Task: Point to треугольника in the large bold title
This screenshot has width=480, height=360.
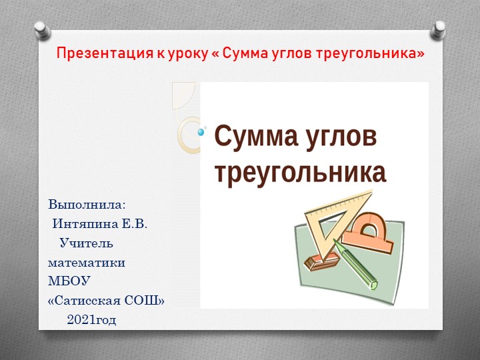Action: [x=300, y=171]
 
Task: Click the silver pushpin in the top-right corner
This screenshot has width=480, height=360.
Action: [x=439, y=29]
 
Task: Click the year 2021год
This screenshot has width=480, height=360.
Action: [x=91, y=321]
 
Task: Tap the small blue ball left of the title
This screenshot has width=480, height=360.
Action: [x=201, y=132]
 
